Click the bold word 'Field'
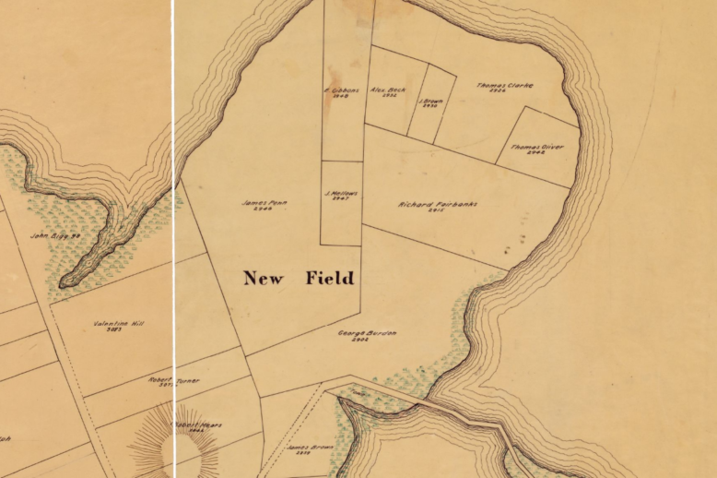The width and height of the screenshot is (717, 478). (x=329, y=277)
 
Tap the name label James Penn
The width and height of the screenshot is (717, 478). (x=259, y=202)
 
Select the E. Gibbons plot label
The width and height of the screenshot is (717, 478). (x=340, y=90)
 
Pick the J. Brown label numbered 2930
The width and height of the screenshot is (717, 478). (x=429, y=101)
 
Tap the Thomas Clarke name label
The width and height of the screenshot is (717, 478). (x=505, y=85)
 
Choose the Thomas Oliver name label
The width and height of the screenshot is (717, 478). (x=537, y=146)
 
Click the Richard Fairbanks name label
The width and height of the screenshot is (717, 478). (x=438, y=204)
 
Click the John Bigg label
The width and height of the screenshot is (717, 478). (x=56, y=235)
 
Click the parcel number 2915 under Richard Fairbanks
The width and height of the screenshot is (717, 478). (x=437, y=211)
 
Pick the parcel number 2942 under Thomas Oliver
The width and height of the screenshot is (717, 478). (x=536, y=153)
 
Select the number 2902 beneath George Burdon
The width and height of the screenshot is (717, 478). (x=360, y=340)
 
